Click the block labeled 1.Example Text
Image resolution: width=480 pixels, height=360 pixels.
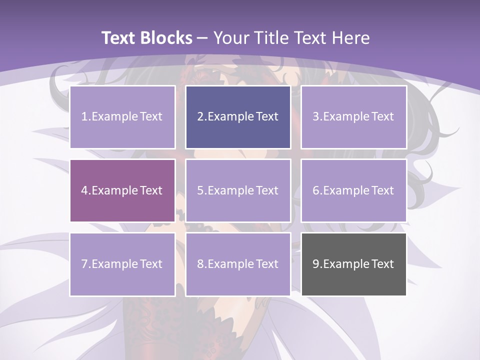[122, 117]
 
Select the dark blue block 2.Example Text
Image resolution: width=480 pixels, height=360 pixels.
[238, 117]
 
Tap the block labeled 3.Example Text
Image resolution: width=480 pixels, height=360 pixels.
[353, 117]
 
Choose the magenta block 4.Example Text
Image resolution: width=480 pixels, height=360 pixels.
[122, 190]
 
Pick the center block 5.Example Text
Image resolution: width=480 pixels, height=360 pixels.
[238, 190]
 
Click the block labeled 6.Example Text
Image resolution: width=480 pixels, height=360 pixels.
[353, 190]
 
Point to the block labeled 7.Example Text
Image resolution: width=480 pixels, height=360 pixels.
[122, 264]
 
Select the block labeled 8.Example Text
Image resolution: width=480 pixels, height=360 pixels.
[238, 264]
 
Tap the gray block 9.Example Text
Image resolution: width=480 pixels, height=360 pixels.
[353, 264]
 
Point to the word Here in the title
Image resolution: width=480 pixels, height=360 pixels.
[351, 38]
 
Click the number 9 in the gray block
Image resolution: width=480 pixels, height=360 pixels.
[315, 264]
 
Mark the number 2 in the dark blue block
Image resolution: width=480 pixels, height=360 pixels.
[200, 117]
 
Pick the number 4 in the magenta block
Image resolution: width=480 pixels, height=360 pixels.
[84, 190]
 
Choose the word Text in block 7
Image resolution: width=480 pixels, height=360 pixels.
[151, 264]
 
